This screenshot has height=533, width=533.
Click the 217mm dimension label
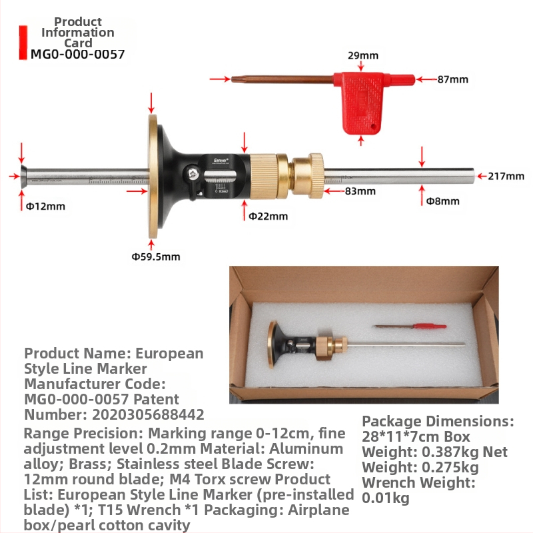click(x=506, y=176)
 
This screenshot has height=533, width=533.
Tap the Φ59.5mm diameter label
click(x=156, y=257)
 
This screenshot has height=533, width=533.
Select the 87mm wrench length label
click(x=452, y=79)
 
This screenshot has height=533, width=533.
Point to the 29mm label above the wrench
click(x=362, y=55)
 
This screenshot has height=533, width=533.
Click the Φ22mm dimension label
click(x=268, y=216)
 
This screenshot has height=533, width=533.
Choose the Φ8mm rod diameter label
click(x=442, y=201)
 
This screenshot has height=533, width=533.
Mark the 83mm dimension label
click(x=360, y=191)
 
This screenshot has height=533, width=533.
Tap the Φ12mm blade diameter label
click(x=45, y=207)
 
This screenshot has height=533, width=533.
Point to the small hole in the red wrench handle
click(x=373, y=127)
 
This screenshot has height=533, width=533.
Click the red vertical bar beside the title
click(x=23, y=43)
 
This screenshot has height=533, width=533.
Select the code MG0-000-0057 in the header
click(x=77, y=55)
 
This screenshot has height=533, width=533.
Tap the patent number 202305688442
click(x=148, y=414)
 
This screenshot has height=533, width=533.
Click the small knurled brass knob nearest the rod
click(x=308, y=176)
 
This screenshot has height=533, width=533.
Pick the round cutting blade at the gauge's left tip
click(x=23, y=176)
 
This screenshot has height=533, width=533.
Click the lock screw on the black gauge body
click(x=192, y=173)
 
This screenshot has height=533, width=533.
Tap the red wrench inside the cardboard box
click(x=410, y=326)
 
